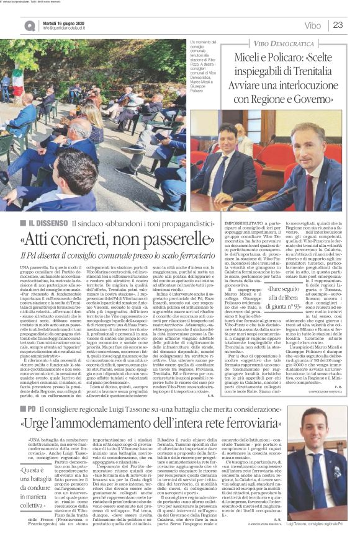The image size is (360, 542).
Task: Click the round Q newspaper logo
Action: tap(30, 25)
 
